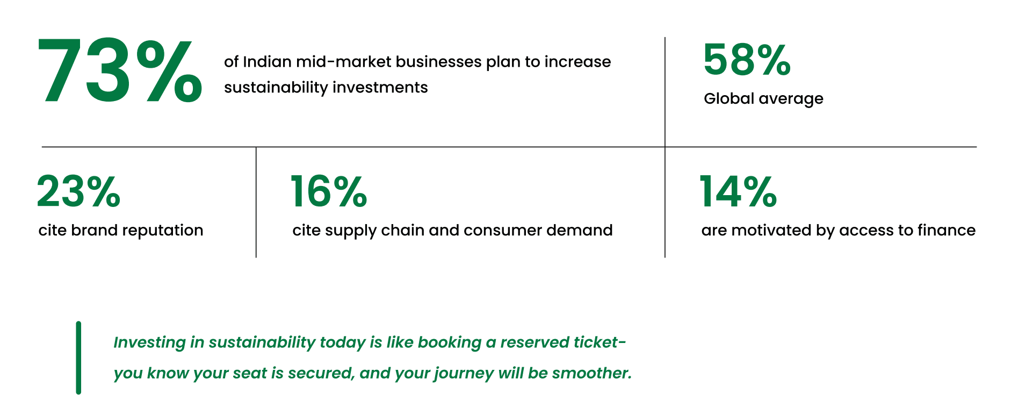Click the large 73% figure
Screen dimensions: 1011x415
[x=120, y=70]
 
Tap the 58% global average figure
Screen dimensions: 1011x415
[x=747, y=60]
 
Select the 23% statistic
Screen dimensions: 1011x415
[x=78, y=191]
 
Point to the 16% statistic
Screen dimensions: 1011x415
[x=328, y=191]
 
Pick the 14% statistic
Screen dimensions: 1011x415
[x=738, y=191]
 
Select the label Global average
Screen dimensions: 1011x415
[x=763, y=99]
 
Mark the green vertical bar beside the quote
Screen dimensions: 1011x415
[x=78, y=358]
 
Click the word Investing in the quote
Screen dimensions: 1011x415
[x=149, y=343]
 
